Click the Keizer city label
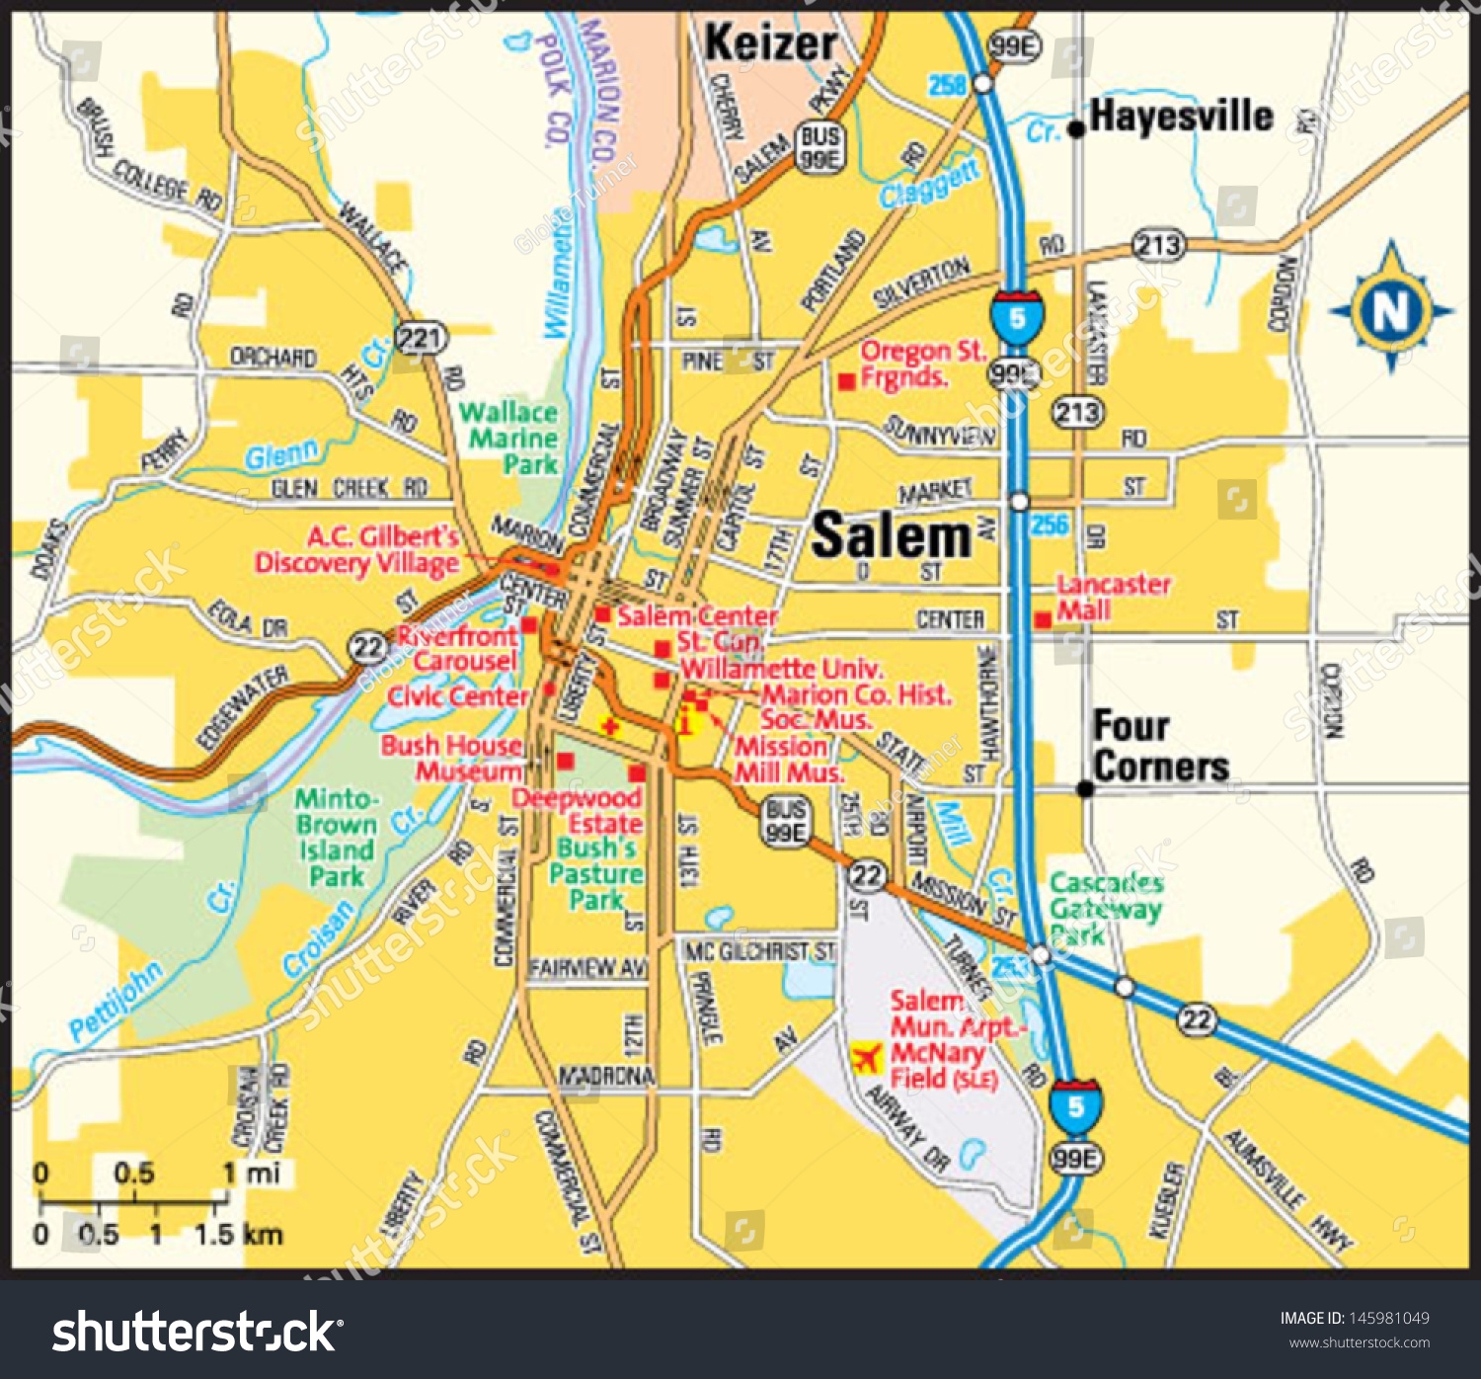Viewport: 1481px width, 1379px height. coord(770,43)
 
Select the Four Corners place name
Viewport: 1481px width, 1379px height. coord(1160,747)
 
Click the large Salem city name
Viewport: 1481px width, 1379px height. coord(891,536)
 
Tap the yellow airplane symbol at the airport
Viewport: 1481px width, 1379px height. coord(866,1058)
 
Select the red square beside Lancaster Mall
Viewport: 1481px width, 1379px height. coord(1043,620)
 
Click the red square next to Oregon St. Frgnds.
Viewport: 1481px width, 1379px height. coord(846,381)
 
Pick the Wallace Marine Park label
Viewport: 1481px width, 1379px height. coord(509,438)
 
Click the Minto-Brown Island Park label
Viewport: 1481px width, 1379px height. coord(336,837)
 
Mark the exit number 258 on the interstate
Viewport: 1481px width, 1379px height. coord(946,86)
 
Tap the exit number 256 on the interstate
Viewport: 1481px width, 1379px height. coord(1050,524)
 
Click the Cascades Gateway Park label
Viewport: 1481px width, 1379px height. coord(1105,908)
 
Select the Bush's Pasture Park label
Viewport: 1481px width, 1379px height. coord(595,874)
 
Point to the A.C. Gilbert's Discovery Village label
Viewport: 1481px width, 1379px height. coord(357,549)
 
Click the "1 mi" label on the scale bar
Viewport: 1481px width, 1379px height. coord(251,1173)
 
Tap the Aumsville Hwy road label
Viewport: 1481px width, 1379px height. coord(1288,1190)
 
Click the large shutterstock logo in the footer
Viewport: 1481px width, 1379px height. coord(195,1332)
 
